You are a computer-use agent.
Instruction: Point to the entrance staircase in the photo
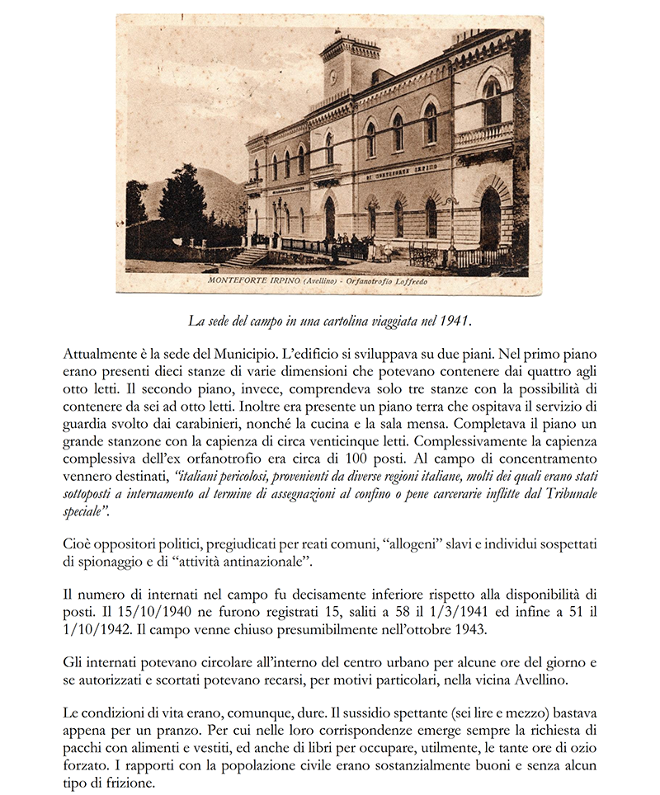[x=245, y=258]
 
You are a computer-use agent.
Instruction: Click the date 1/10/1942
[x=98, y=631]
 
